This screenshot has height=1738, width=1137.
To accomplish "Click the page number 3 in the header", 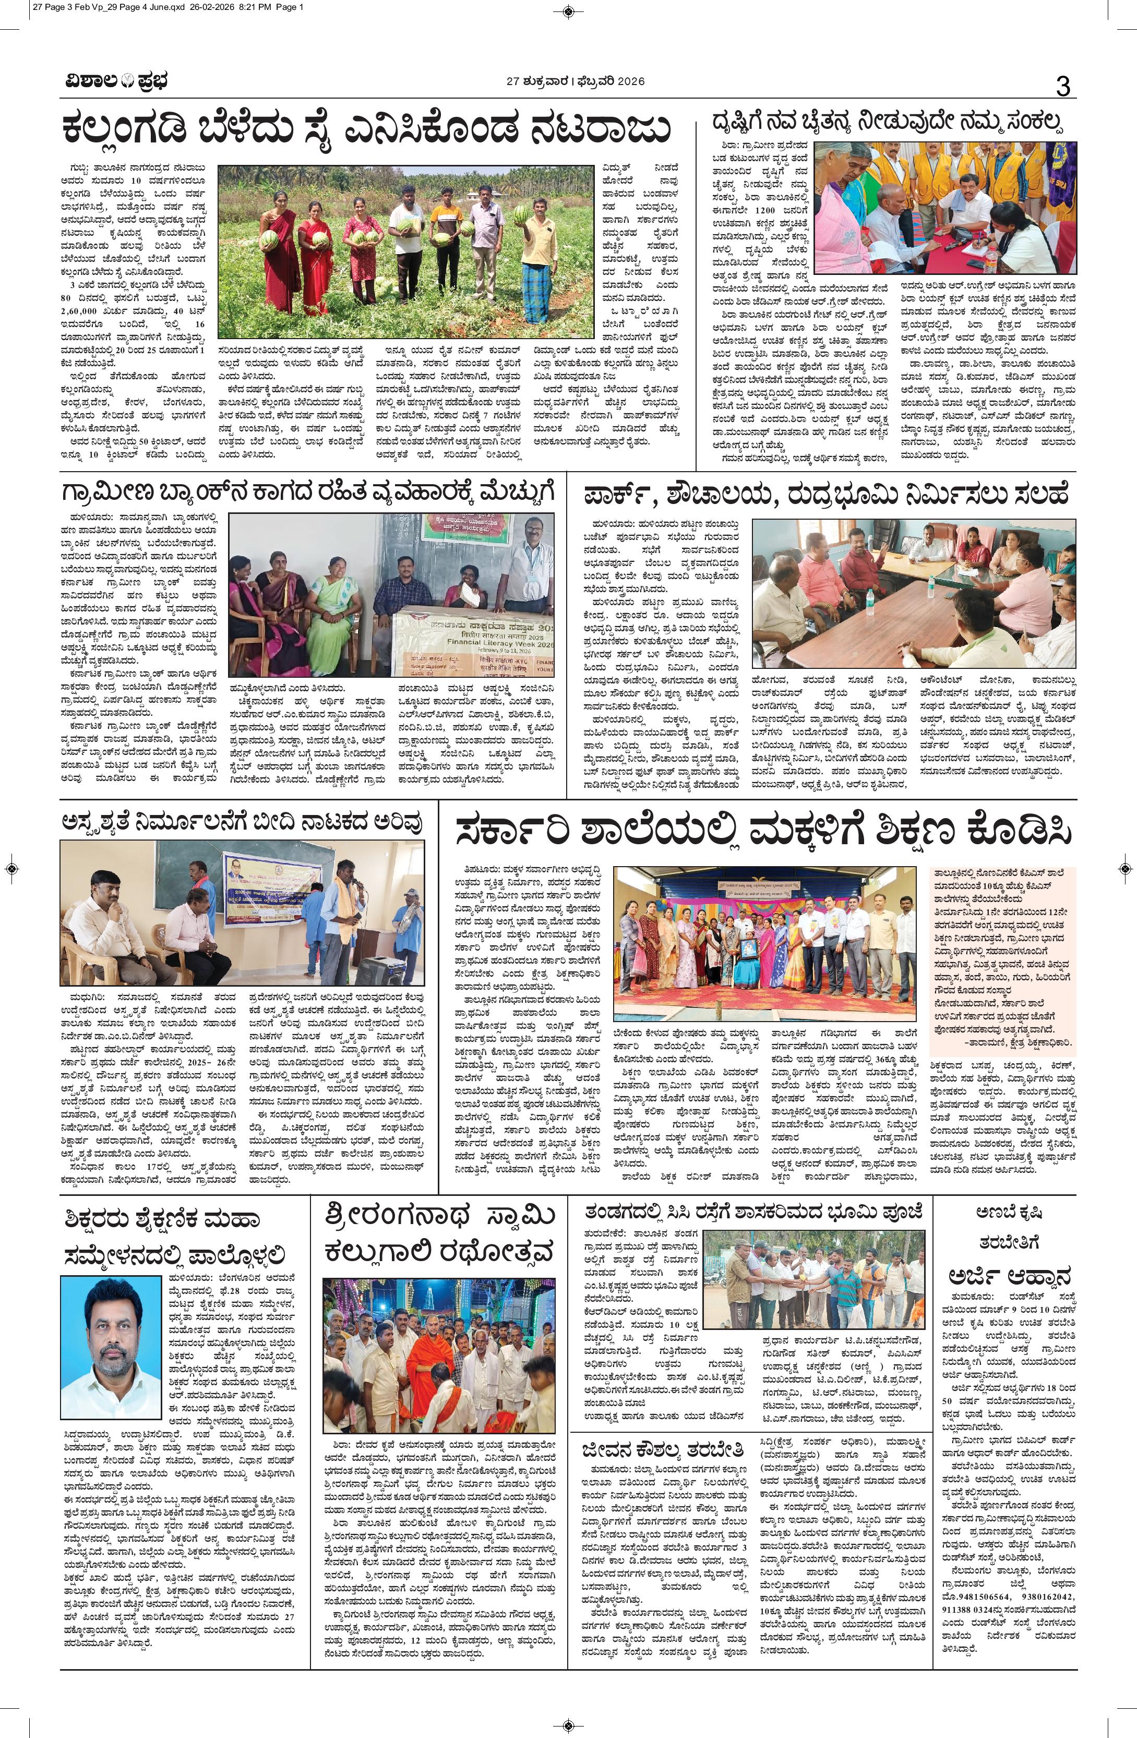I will click(x=1062, y=87).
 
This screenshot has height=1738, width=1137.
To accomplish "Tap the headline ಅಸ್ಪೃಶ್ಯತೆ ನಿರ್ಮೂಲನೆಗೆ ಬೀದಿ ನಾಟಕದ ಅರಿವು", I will click(x=243, y=822).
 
